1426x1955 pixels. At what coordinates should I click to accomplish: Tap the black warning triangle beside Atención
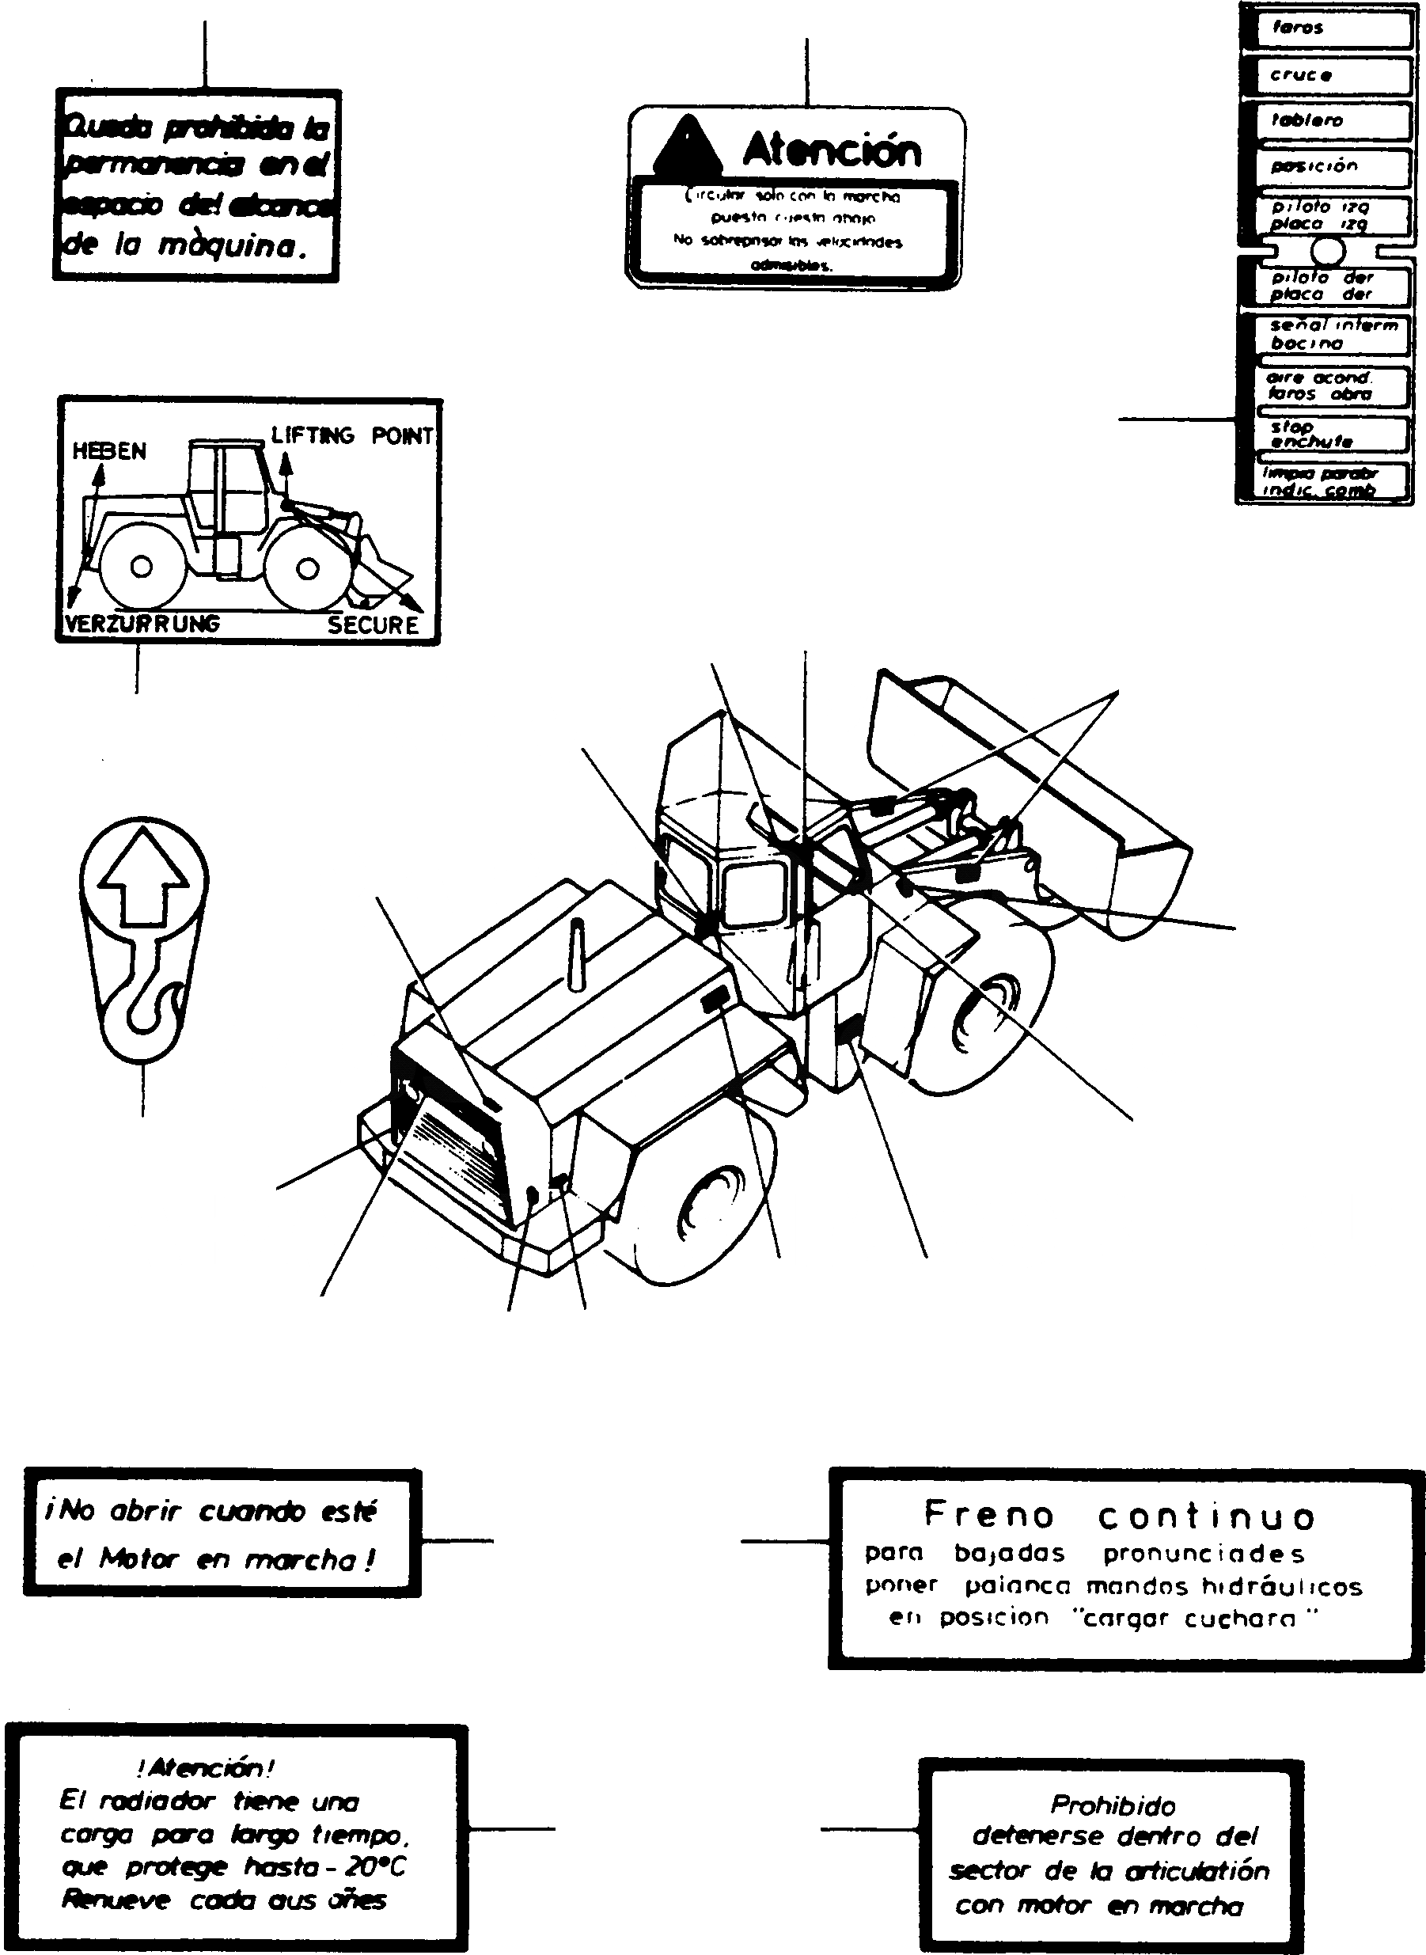(686, 146)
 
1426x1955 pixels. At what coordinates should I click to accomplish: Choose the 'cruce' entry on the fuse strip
(1301, 75)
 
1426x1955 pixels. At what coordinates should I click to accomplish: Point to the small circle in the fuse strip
(1328, 251)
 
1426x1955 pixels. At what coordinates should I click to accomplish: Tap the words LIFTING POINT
(351, 436)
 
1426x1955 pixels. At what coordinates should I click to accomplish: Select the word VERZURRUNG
(143, 624)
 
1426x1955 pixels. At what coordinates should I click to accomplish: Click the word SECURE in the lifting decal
(373, 625)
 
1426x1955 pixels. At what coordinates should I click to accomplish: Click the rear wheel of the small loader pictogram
(142, 567)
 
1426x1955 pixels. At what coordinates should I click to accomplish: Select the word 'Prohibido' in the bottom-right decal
(1113, 1804)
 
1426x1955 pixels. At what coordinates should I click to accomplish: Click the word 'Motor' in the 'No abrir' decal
(138, 1558)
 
